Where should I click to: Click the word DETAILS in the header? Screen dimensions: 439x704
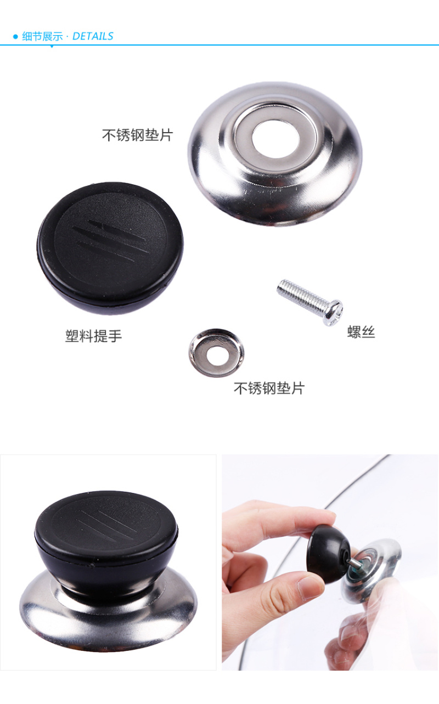(93, 36)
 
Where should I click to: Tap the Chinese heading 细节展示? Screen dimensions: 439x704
(42, 36)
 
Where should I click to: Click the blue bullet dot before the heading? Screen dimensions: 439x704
(15, 37)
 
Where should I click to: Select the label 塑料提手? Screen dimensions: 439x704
(93, 336)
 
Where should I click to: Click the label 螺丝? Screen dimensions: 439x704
(361, 332)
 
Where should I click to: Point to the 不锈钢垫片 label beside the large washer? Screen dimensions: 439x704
(137, 135)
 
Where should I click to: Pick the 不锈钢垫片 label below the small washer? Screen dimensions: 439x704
(269, 388)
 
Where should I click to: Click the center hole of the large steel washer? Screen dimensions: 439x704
(275, 139)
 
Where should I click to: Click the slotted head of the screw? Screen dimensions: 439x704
(334, 313)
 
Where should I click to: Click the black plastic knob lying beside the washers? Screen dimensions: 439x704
(110, 248)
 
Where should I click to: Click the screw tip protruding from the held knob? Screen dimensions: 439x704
(356, 564)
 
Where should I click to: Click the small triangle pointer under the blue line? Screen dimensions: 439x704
(52, 47)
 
